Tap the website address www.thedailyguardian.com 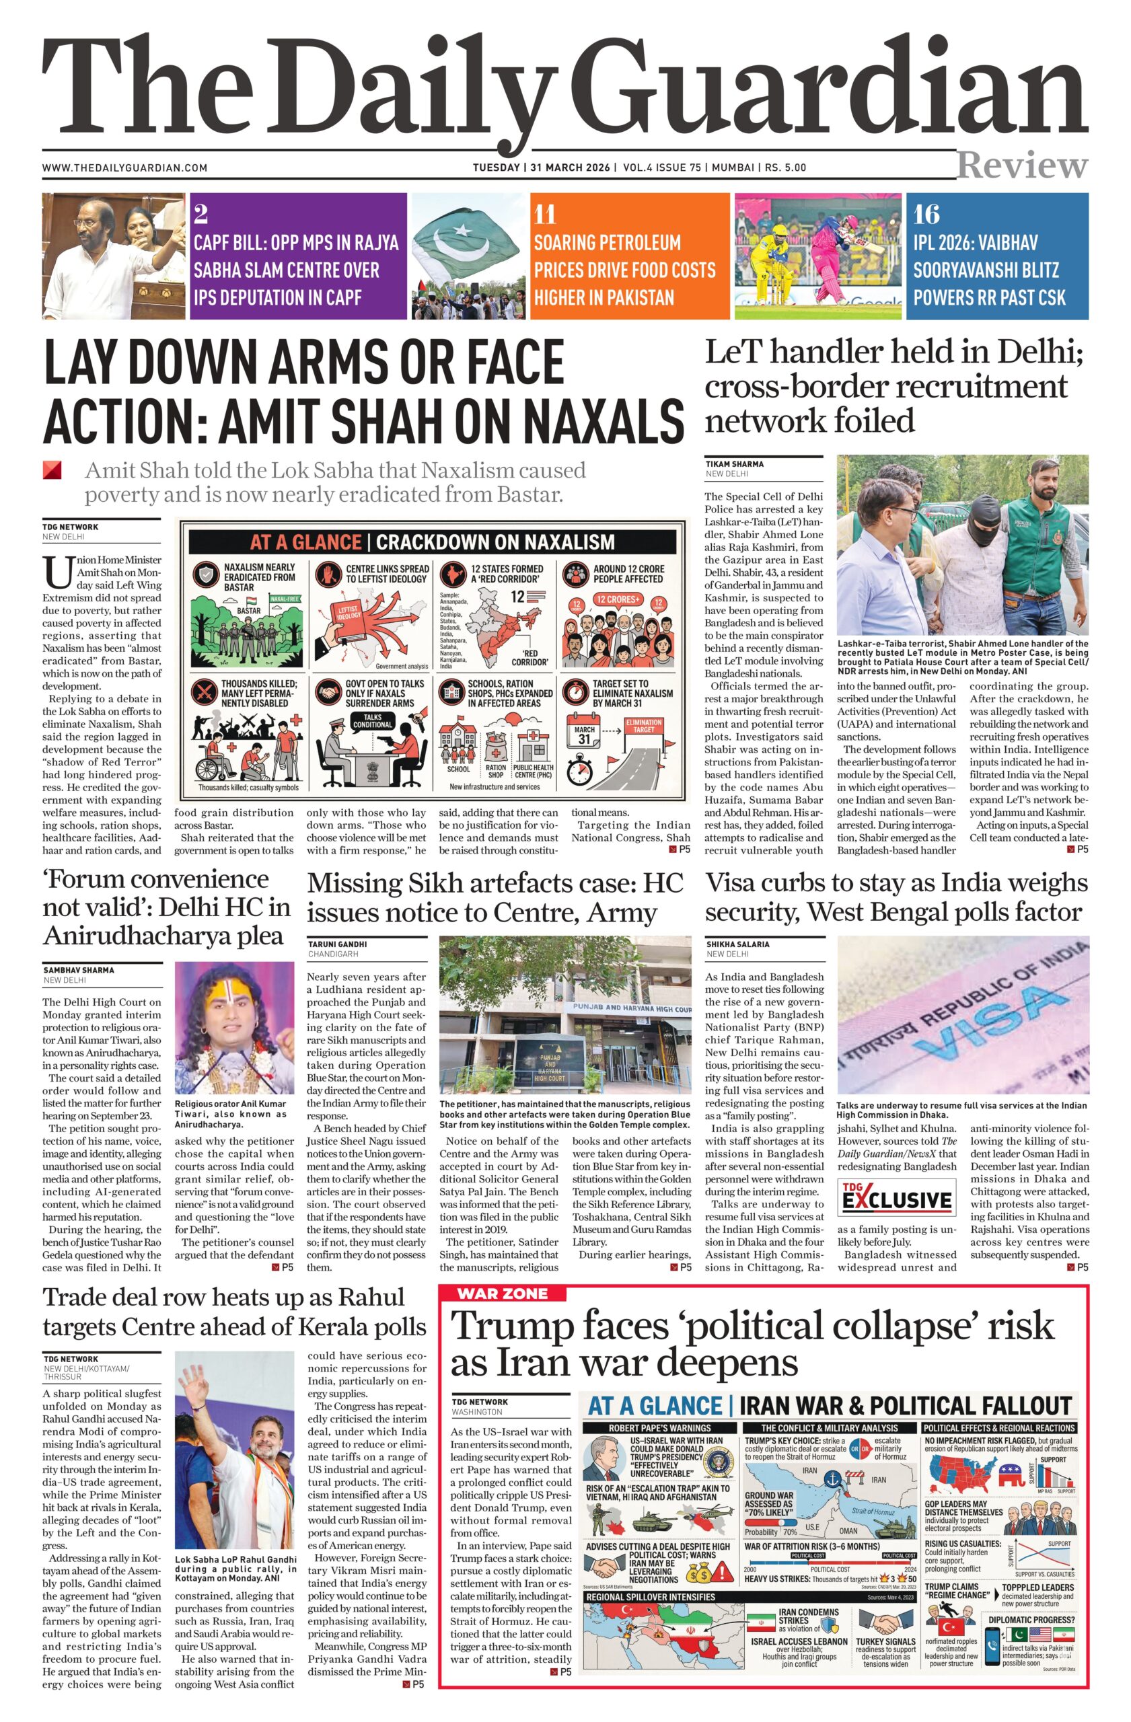coord(124,168)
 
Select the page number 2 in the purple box coord(201,213)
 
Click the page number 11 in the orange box coord(545,214)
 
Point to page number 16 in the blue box coord(926,214)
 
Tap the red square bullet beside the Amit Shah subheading coord(52,470)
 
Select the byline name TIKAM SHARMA coord(735,463)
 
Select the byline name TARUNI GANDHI coord(337,944)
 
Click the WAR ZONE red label coord(502,1293)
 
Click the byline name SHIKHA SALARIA coord(737,944)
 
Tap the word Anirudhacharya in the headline coord(163,936)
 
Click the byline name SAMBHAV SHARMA coord(79,969)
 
